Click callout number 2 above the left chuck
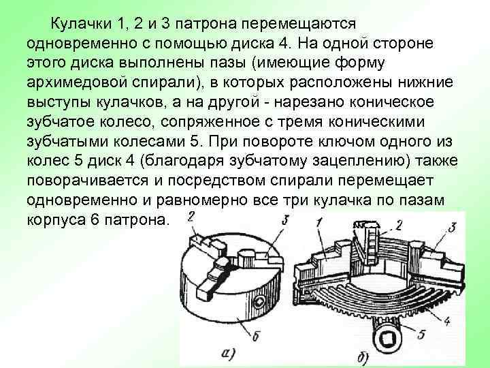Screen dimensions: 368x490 (x=191, y=217)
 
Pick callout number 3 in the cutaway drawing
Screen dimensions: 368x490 (x=451, y=227)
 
